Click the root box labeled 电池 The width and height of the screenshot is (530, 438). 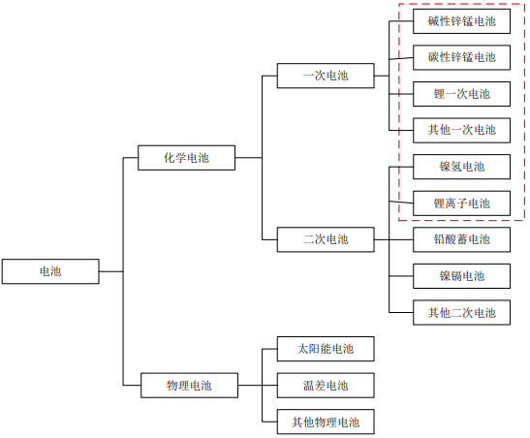(50, 271)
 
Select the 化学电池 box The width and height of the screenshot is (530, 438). (186, 158)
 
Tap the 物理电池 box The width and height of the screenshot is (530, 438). (189, 386)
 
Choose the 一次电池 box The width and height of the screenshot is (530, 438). (326, 76)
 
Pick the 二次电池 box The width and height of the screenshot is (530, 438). (326, 239)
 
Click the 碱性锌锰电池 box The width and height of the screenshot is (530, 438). (462, 21)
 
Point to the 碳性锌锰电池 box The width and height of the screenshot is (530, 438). (462, 57)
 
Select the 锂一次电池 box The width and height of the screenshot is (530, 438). (462, 94)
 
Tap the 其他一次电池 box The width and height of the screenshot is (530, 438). (462, 131)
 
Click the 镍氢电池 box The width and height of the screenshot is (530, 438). (462, 167)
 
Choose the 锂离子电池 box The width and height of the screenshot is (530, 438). (462, 203)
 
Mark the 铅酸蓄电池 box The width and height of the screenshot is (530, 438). (462, 239)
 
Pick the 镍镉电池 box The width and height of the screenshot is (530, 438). (462, 276)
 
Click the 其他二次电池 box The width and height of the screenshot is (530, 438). (462, 313)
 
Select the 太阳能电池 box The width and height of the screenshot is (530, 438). (326, 349)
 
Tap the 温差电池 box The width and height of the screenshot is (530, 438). (326, 386)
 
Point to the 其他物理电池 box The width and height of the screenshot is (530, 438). (326, 422)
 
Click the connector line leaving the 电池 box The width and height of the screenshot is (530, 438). (111, 271)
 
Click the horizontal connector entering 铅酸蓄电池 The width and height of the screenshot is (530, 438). (401, 239)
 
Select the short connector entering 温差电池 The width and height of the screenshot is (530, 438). (269, 386)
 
